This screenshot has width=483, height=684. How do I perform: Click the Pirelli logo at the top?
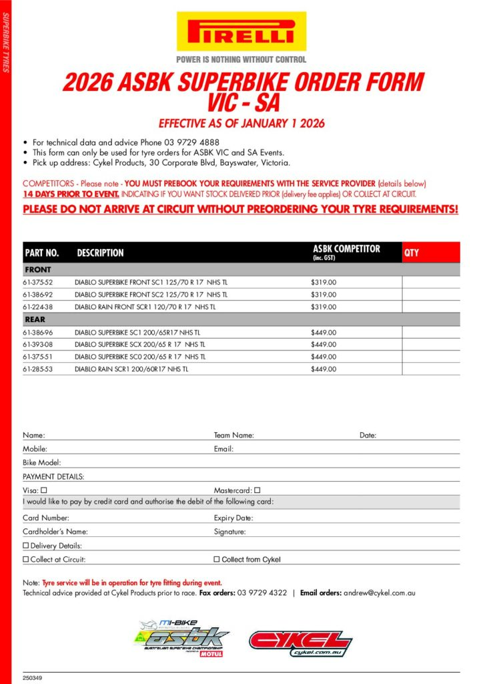point(241,31)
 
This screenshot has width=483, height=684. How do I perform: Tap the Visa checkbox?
point(43,491)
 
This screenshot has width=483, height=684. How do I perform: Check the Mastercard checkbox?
point(258,491)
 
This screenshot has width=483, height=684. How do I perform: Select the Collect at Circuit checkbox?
point(26,559)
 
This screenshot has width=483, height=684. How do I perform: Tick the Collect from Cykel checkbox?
point(216,559)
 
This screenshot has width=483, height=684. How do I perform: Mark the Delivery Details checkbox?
point(26,546)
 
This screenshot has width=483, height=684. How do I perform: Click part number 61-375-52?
point(37,283)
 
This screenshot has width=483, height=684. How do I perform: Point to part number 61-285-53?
point(37,369)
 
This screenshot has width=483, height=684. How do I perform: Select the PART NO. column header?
point(42,253)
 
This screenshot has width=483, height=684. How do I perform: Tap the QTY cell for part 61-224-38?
point(430,307)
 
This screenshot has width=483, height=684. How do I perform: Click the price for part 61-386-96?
point(324,332)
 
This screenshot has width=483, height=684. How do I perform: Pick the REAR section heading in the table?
point(35,319)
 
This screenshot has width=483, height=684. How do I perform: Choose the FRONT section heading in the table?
point(38,270)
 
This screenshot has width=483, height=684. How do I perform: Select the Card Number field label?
point(46,518)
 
